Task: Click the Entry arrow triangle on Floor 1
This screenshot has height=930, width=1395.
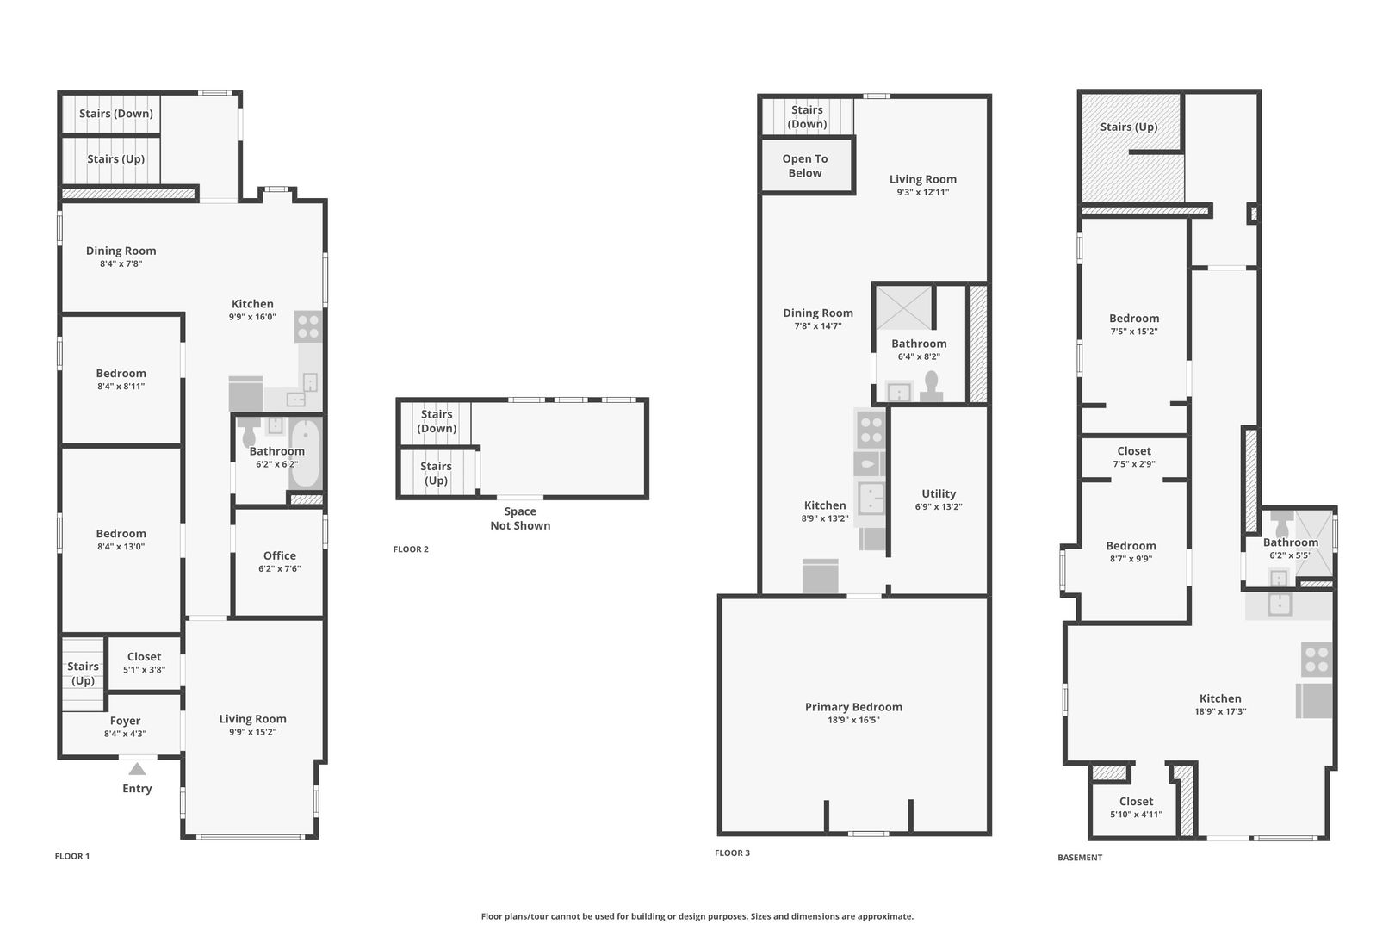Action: (x=137, y=769)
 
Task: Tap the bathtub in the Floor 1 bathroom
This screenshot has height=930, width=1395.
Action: (x=305, y=455)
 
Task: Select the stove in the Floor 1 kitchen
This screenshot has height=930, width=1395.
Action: (x=308, y=326)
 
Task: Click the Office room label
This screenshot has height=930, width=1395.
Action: (x=279, y=556)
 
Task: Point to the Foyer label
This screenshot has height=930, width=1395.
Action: (x=125, y=722)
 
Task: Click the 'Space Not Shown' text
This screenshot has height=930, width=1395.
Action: (x=520, y=518)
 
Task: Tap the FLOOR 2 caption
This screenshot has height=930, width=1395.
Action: (x=411, y=549)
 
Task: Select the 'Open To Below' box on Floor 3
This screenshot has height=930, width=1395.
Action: (x=805, y=166)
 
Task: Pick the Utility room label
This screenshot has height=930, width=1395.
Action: (x=939, y=494)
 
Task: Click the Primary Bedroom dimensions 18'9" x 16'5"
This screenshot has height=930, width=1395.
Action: (x=853, y=720)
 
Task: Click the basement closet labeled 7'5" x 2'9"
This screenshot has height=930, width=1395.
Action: (x=1134, y=456)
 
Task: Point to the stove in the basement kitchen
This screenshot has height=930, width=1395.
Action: (x=1317, y=660)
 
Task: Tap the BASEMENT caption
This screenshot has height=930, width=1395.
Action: (x=1080, y=858)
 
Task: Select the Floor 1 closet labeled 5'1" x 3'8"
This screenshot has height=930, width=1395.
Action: (x=144, y=662)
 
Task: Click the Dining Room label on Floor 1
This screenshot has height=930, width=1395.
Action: (x=121, y=251)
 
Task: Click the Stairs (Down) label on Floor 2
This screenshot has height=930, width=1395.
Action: (x=437, y=421)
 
